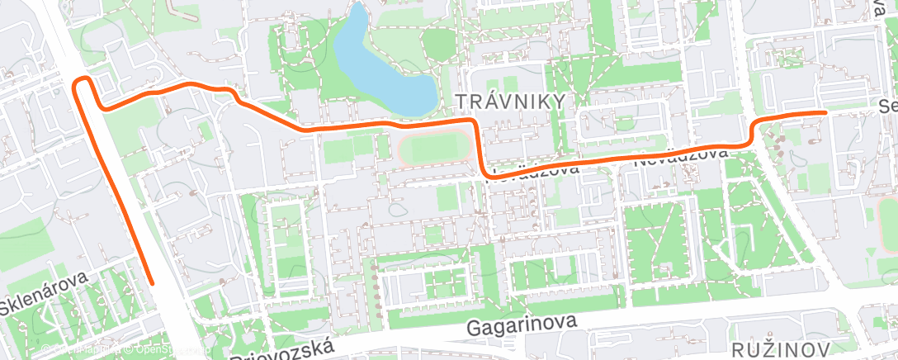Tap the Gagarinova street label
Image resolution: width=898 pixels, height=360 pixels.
[x=521, y=325]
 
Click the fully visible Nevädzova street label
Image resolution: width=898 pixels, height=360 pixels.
[x=682, y=157]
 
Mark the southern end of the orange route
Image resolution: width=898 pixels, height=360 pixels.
[x=152, y=282]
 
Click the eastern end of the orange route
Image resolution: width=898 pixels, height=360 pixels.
[x=825, y=111]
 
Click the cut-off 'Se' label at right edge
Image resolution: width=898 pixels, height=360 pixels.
[x=887, y=107]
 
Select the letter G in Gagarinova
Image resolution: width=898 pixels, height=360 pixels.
[x=473, y=328]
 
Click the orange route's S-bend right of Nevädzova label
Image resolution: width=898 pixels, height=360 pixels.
[x=753, y=132]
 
